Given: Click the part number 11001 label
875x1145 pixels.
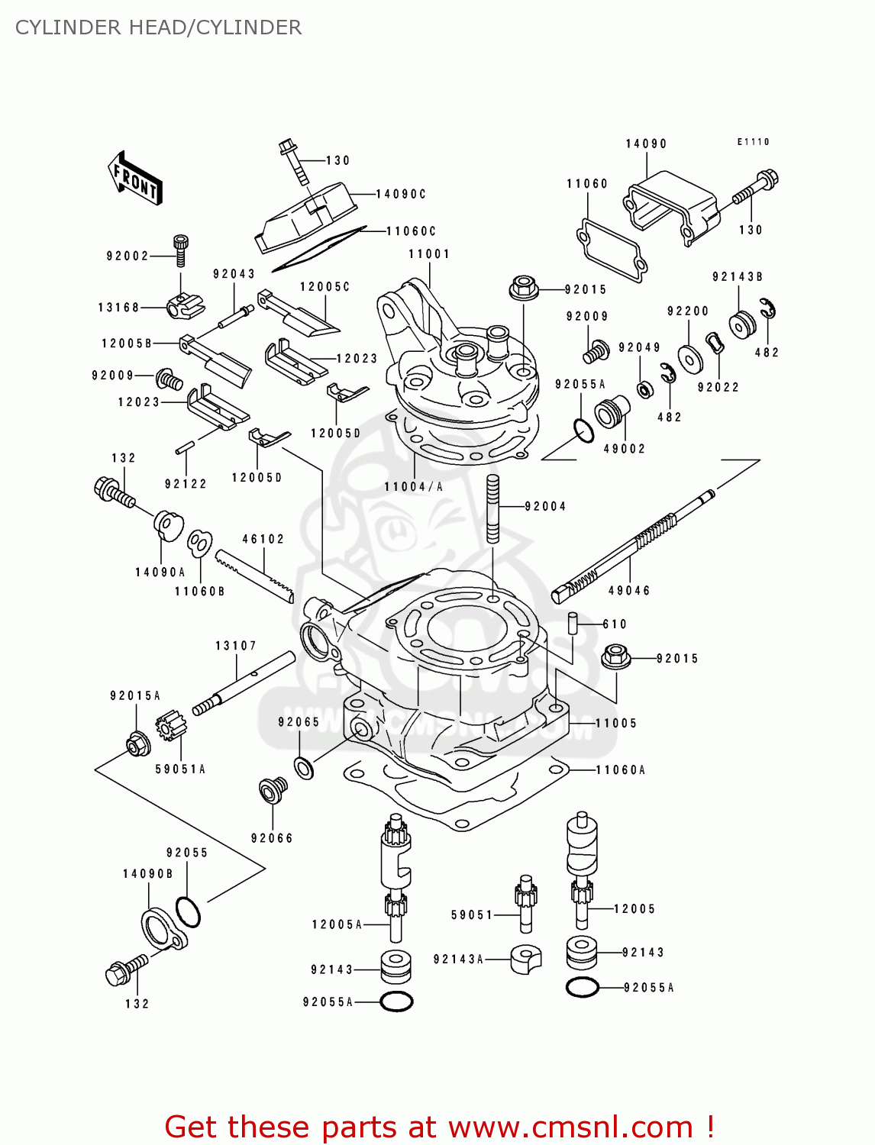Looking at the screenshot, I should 429,254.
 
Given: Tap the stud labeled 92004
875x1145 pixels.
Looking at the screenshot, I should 493,508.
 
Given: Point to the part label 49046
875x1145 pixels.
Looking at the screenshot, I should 629,591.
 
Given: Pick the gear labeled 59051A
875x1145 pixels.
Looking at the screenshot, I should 171,725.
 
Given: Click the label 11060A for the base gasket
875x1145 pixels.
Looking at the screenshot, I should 620,770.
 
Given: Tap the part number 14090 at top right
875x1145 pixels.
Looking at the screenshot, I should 646,144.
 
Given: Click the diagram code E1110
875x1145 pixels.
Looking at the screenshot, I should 753,142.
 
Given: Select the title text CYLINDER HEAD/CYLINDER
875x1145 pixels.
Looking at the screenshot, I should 158,27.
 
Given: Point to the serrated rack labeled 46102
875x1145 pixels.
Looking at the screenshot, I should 253,576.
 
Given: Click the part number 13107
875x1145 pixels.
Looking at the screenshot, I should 235,646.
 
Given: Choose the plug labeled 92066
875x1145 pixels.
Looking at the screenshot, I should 273,790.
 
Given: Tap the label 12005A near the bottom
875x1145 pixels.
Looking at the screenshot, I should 337,924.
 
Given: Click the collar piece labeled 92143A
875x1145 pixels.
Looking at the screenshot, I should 525,959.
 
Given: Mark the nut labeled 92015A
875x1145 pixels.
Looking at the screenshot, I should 137,743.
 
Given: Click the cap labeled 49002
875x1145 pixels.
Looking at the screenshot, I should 612,413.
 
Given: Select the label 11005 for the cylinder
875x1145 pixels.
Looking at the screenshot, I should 615,723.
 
